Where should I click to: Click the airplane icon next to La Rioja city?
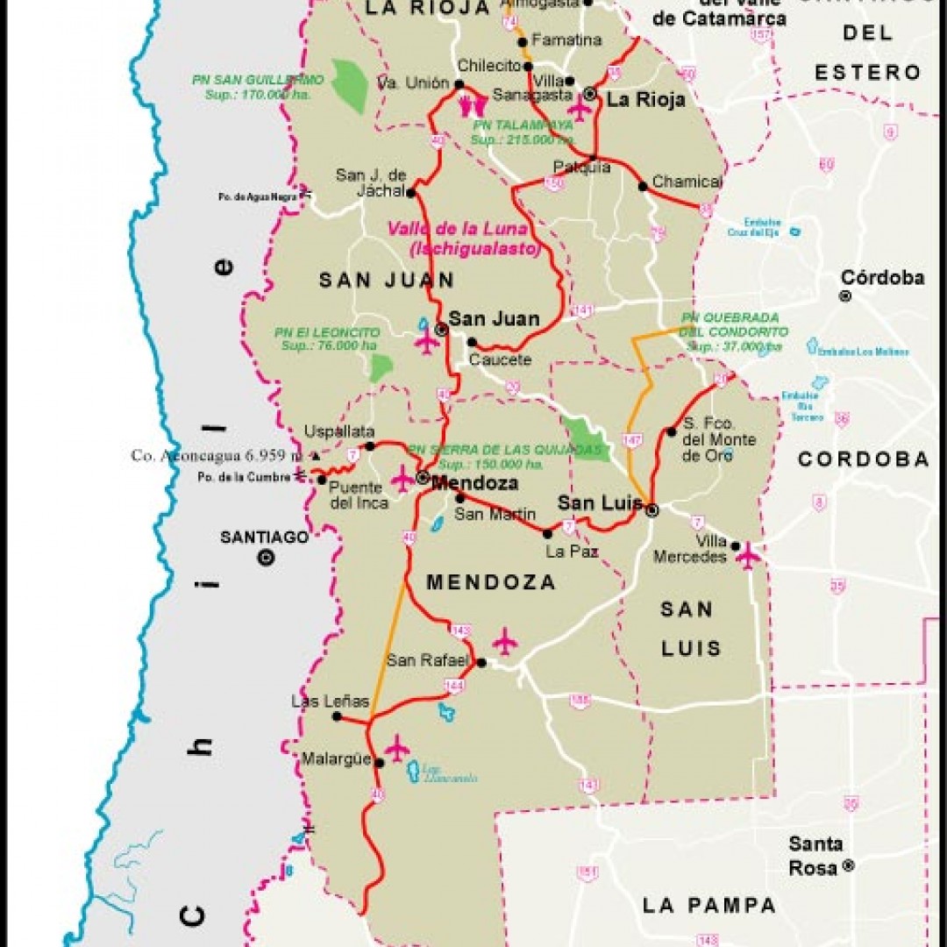(x=579, y=108)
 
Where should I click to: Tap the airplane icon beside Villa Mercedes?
(x=748, y=555)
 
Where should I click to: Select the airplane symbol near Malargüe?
(x=396, y=747)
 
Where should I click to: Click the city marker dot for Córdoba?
(x=845, y=296)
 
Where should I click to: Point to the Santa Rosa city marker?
(x=847, y=865)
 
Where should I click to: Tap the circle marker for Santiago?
(x=266, y=557)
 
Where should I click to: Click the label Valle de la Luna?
(x=458, y=230)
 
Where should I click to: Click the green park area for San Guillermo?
(x=351, y=85)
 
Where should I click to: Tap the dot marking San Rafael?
(x=481, y=663)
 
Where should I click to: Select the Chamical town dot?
(x=643, y=186)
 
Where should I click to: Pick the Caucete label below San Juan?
(x=500, y=360)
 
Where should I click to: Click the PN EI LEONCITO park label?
(x=327, y=333)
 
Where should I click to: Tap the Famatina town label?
(x=566, y=40)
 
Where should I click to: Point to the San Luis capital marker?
(x=652, y=509)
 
